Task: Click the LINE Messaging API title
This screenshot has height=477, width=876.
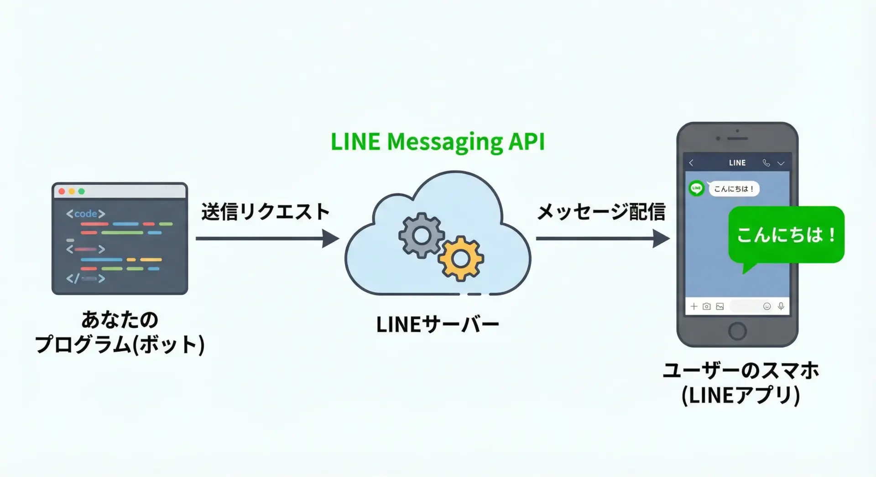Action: tap(438, 142)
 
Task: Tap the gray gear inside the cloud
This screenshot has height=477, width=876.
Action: tap(421, 236)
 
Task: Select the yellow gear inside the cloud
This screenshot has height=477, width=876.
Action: tap(461, 259)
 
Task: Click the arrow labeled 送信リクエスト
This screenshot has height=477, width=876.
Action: tap(267, 238)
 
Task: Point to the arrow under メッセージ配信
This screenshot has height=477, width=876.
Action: tap(602, 238)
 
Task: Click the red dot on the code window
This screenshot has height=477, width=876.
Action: tap(62, 191)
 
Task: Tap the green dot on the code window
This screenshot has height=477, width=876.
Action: tap(82, 191)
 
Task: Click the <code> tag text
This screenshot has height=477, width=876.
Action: tap(86, 214)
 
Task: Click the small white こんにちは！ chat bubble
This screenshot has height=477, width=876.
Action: tap(734, 189)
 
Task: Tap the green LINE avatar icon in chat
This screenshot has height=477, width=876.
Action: tap(696, 188)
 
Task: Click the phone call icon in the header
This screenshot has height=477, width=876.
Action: tap(766, 163)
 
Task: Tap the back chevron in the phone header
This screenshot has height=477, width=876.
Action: tap(691, 163)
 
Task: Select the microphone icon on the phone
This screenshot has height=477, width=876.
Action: tap(781, 306)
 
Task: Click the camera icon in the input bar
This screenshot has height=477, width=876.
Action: tap(706, 307)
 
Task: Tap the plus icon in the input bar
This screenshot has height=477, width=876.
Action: tap(693, 307)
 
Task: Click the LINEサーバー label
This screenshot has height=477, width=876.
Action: tap(438, 325)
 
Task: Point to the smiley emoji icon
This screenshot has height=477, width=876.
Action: tap(767, 307)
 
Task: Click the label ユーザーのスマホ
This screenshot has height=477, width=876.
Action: tap(740, 370)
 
